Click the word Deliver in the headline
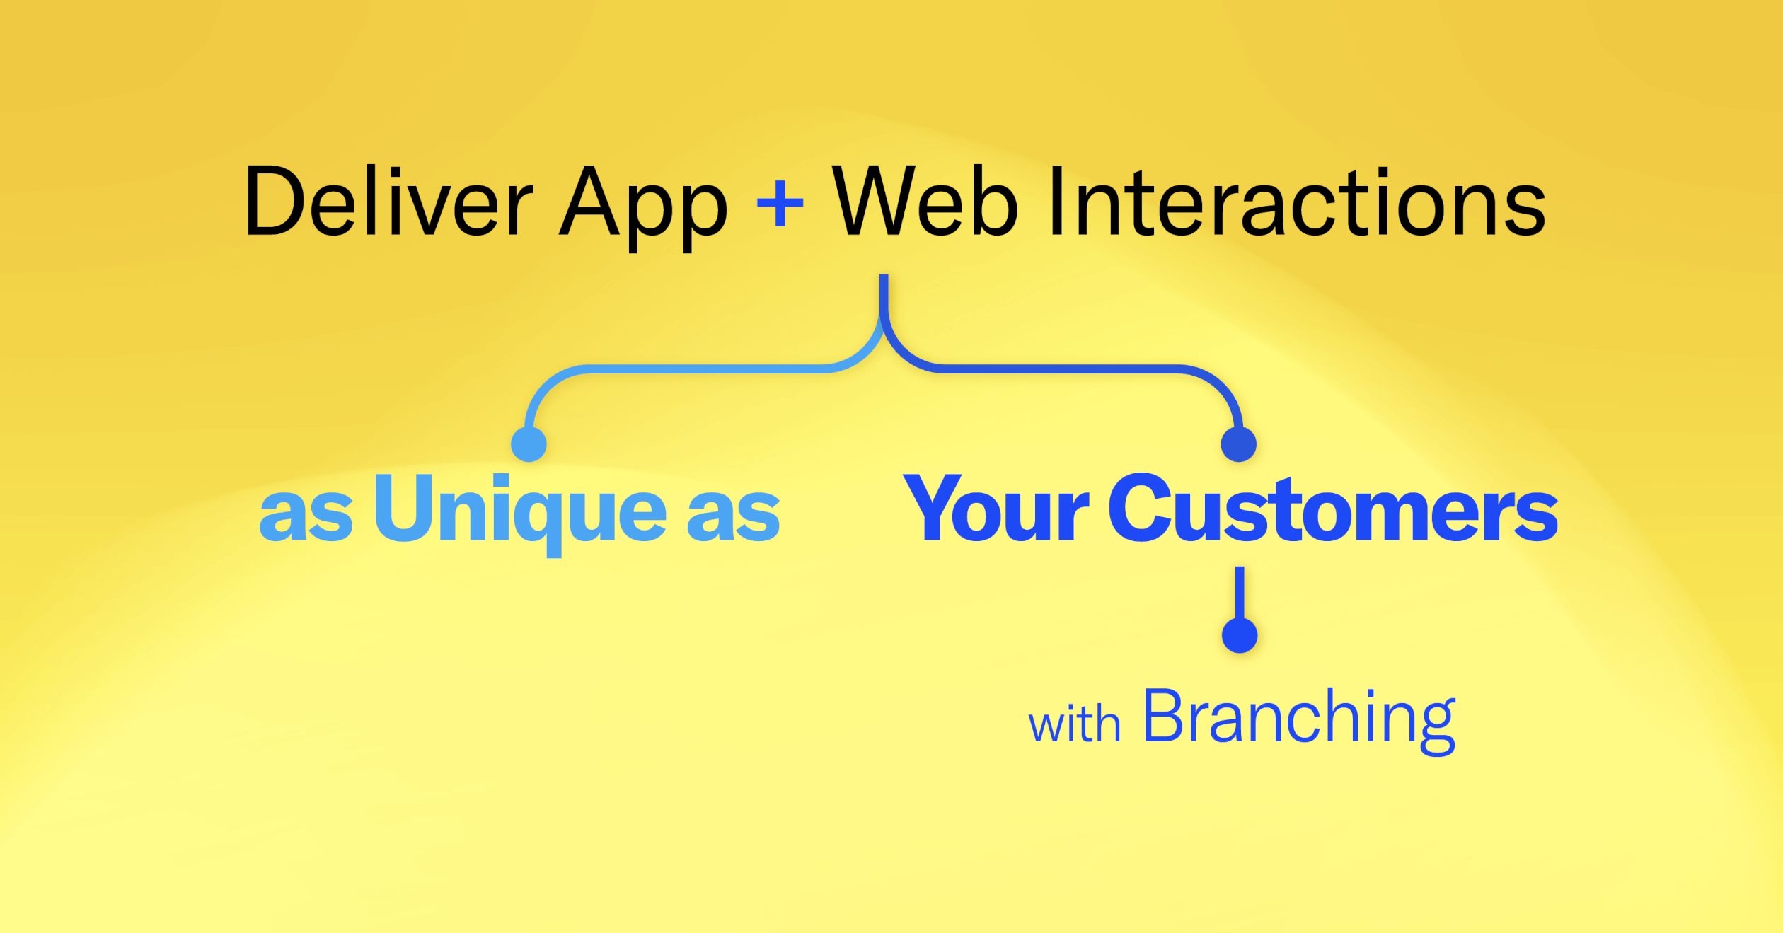pyautogui.click(x=388, y=201)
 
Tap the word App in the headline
pyautogui.click(x=643, y=207)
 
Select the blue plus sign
pyautogui.click(x=780, y=203)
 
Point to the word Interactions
pyautogui.click(x=1297, y=201)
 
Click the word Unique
pyautogui.click(x=520, y=514)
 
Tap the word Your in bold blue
pyautogui.click(x=996, y=509)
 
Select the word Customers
pyautogui.click(x=1333, y=507)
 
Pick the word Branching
pyautogui.click(x=1300, y=720)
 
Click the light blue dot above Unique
pyautogui.click(x=529, y=444)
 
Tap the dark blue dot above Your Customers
pyautogui.click(x=1239, y=444)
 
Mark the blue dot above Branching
pyautogui.click(x=1240, y=635)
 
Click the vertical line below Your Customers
pyautogui.click(x=1240, y=593)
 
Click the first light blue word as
pyautogui.click(x=306, y=516)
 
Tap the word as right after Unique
pyautogui.click(x=734, y=516)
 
